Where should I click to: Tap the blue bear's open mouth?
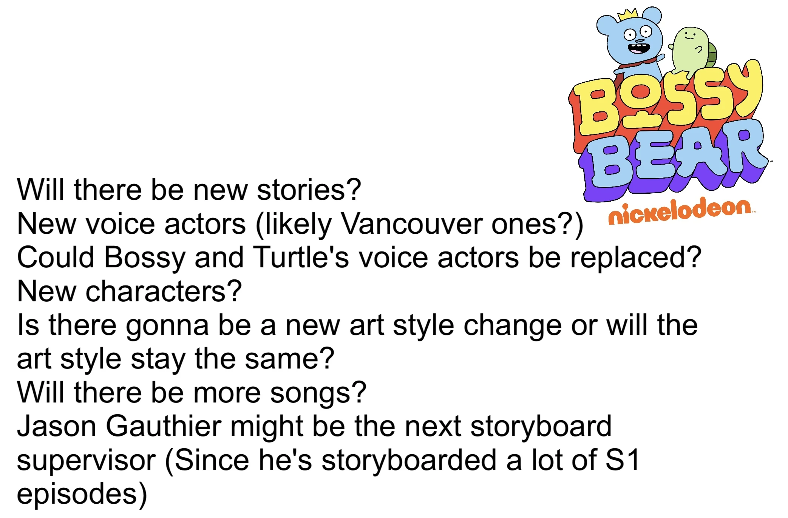[x=639, y=48]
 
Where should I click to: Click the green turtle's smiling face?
[x=690, y=35]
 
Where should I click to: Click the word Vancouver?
[x=411, y=224]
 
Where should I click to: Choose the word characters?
[x=163, y=291]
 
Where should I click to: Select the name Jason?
[x=57, y=426]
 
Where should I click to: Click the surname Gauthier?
[x=163, y=426]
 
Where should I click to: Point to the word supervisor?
[x=86, y=461]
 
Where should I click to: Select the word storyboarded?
[x=409, y=461]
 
